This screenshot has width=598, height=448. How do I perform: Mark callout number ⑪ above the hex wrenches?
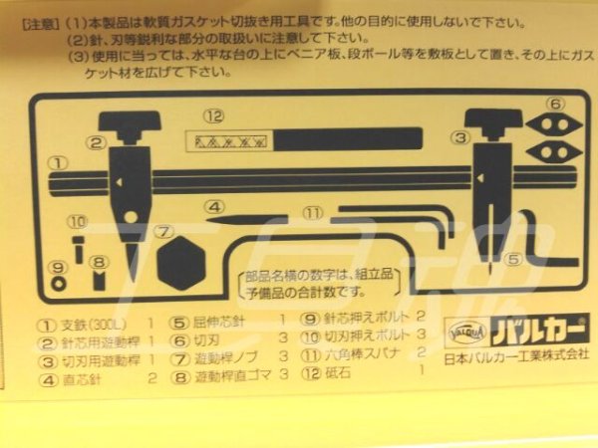pos(314,213)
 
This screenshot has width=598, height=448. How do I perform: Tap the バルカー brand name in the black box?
pos(539,329)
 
